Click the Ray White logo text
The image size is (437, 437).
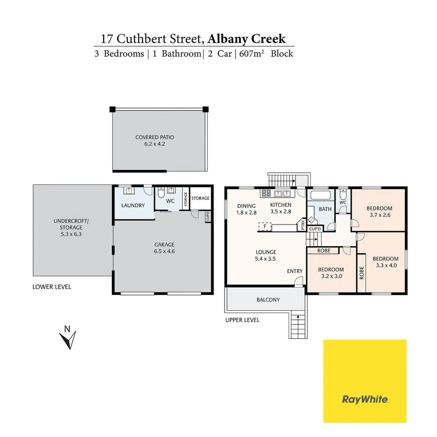[365, 399]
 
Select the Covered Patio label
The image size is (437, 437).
[155, 137]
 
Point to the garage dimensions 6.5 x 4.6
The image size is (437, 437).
[164, 251]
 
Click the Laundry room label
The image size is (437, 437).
[133, 205]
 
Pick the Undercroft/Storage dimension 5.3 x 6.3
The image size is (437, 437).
[71, 234]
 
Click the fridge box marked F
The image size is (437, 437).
[265, 227]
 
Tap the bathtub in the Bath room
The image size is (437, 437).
[320, 195]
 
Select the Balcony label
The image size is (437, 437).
[268, 300]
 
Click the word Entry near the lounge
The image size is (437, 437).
[295, 271]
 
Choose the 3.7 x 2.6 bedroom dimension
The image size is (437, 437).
[380, 215]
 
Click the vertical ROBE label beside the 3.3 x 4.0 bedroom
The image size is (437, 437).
[362, 273]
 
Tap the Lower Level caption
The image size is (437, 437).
[52, 287]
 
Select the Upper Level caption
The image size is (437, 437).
[242, 320]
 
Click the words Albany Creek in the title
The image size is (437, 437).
[246, 39]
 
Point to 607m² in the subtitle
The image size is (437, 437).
[251, 54]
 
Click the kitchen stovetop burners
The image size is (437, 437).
[266, 193]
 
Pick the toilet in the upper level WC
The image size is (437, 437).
[343, 194]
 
